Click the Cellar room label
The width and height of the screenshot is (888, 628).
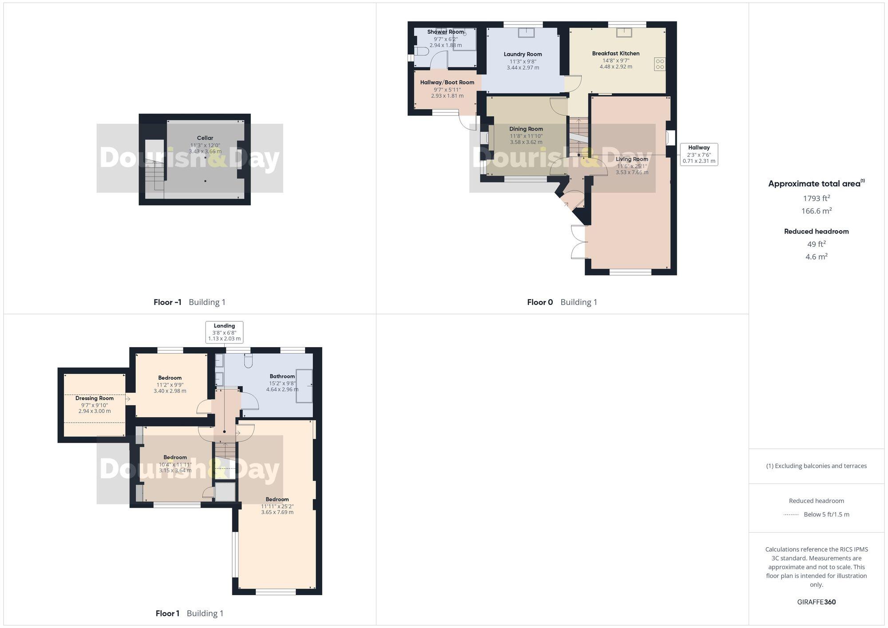205,138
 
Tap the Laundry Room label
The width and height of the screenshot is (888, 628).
523,55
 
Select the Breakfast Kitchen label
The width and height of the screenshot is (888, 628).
616,54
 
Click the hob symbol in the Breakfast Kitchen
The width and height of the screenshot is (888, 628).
660,64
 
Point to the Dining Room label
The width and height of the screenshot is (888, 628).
526,129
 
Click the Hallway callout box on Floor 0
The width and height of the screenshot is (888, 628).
699,154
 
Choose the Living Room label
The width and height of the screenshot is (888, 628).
632,159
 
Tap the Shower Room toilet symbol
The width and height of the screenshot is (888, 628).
422,51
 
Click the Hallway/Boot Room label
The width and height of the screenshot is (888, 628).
447,83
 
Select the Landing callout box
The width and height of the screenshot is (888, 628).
224,332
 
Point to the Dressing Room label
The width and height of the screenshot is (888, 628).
95,399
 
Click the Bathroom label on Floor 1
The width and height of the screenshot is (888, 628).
282,376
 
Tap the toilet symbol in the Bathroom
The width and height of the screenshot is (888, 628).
248,362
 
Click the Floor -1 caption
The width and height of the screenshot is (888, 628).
167,302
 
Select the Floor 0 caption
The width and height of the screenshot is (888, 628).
540,302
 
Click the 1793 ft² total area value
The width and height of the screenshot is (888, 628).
816,198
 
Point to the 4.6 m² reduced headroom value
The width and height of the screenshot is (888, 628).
816,257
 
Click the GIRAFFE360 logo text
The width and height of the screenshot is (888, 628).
816,602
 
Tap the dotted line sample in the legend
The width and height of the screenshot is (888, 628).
791,515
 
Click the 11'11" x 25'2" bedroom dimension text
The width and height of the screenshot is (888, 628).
277,506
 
